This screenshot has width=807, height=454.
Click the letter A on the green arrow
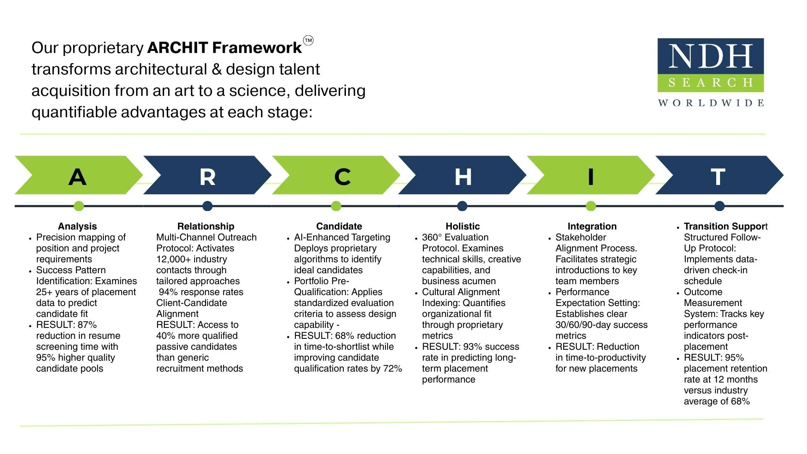tap(77, 177)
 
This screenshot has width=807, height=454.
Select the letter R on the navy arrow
tap(208, 177)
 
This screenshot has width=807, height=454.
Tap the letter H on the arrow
tap(463, 177)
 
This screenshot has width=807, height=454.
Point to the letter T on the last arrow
tap(718, 177)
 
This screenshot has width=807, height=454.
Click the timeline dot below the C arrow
tap(336, 206)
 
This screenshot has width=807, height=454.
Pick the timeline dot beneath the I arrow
tap(591, 206)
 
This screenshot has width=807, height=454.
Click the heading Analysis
tap(77, 226)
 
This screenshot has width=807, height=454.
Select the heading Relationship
tap(206, 226)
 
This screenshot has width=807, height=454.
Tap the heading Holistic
tap(462, 226)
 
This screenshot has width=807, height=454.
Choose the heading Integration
tap(592, 226)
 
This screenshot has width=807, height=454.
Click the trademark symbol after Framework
tap(308, 40)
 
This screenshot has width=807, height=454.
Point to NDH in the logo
tap(710, 56)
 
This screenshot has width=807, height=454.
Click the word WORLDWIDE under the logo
tap(711, 103)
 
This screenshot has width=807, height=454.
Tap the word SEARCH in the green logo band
tap(710, 82)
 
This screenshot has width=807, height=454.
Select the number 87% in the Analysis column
tap(87, 325)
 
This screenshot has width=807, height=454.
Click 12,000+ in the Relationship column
tap(173, 259)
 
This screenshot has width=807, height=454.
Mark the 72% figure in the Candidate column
tap(393, 369)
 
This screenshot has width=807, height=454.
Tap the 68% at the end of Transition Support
tap(740, 401)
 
